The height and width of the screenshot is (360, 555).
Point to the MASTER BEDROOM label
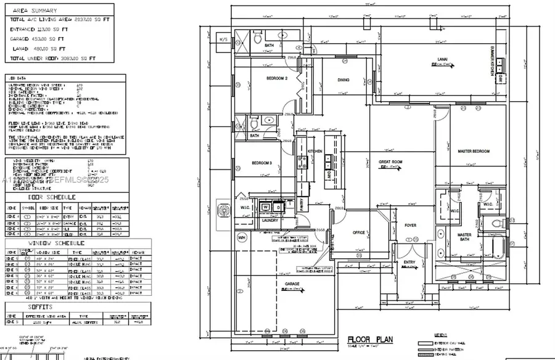pos(473,151)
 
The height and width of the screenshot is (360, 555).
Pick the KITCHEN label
pos(316,151)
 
